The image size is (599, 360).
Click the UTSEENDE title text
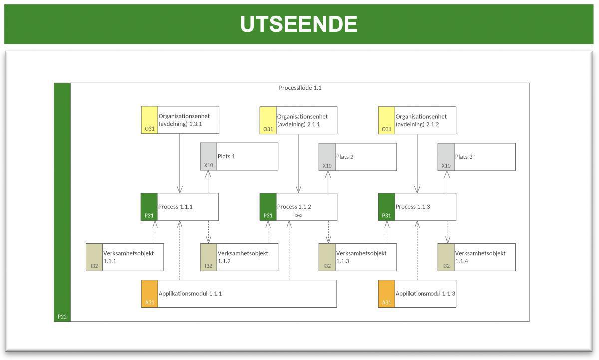coord(299,24)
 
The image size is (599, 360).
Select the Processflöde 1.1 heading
coord(300,88)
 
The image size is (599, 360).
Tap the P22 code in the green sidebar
coord(62,316)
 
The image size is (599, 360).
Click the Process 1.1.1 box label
coord(175,207)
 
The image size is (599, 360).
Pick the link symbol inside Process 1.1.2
coord(299,216)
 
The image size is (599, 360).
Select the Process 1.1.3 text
coord(413,207)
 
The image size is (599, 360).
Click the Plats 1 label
coord(226,156)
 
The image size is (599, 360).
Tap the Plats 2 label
coord(345,157)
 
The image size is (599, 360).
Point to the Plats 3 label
coord(464,157)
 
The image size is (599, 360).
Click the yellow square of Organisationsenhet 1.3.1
coord(149,120)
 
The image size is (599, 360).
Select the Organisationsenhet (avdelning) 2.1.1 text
coord(299,120)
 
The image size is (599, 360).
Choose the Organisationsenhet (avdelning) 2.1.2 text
coord(417,120)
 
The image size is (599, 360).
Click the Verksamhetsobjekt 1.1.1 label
coord(128,257)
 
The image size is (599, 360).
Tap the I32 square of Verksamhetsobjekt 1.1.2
coord(208,257)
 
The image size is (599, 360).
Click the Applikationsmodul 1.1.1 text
coord(190,294)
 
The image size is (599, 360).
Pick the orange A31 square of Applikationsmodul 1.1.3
coord(386,294)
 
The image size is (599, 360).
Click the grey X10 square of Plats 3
coord(446,157)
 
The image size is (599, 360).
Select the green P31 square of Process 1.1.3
coord(386,207)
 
